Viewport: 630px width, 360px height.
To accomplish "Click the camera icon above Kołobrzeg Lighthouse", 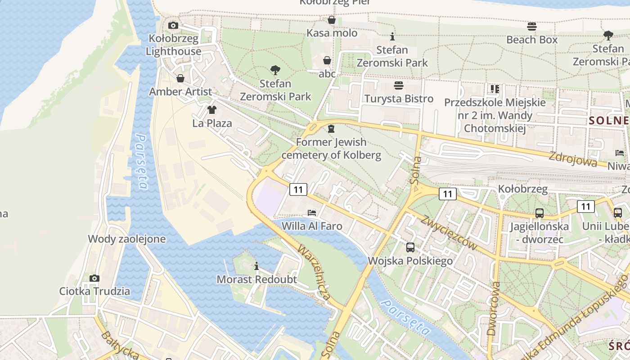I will [x=173, y=26].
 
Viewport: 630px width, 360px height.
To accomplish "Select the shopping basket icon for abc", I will [x=327, y=60].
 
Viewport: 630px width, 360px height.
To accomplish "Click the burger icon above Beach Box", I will [x=531, y=27].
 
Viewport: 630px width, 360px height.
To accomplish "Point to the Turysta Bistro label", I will [x=399, y=99].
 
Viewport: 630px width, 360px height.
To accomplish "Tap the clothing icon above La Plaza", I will [x=212, y=110].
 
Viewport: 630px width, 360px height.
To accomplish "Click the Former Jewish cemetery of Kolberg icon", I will [x=331, y=129].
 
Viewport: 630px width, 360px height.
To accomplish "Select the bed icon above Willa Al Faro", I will [x=312, y=212].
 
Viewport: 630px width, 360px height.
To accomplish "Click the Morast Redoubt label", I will [x=256, y=279].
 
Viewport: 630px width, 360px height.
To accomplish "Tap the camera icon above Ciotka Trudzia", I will [x=94, y=278].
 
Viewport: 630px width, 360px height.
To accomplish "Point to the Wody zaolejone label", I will [x=127, y=239].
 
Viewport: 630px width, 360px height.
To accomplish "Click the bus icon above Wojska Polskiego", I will [x=410, y=247].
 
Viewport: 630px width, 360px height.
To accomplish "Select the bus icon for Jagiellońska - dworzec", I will [x=539, y=213].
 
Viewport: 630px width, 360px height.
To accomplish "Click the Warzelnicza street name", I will [x=314, y=273].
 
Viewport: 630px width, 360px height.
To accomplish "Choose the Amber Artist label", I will [x=180, y=92].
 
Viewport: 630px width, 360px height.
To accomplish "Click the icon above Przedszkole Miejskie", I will [x=495, y=89].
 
